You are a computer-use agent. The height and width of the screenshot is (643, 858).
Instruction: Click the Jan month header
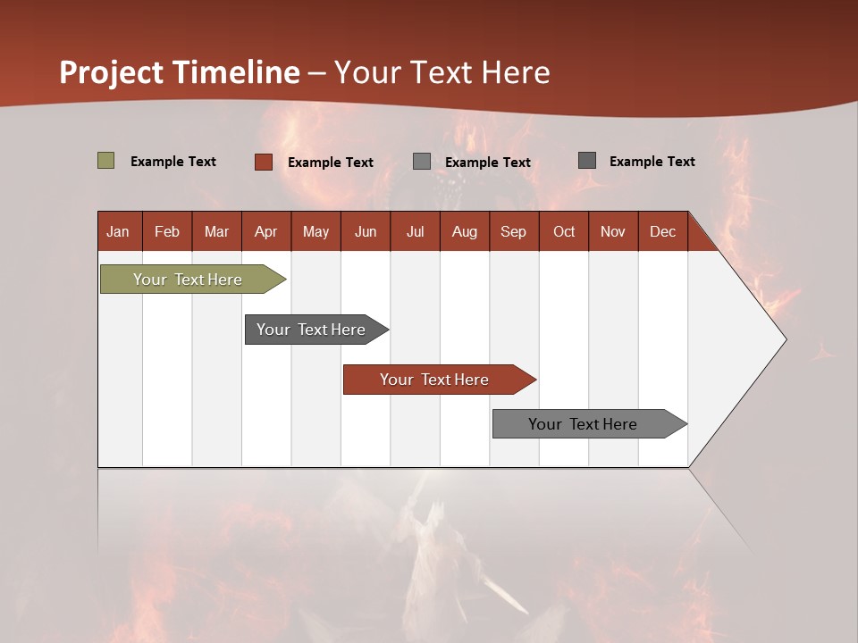click(x=119, y=231)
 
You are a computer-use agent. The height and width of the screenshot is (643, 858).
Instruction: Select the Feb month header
click(x=167, y=231)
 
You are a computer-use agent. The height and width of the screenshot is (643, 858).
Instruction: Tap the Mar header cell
click(x=216, y=231)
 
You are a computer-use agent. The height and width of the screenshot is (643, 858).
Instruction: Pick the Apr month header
click(x=266, y=231)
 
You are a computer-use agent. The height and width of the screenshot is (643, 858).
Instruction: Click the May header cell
click(x=315, y=231)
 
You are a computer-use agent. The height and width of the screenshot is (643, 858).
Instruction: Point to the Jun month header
click(x=366, y=231)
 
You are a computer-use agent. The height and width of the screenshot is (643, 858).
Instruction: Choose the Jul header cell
click(x=415, y=231)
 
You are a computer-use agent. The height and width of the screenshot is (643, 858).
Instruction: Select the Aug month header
click(x=465, y=231)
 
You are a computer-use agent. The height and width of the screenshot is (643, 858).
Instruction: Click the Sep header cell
click(x=514, y=231)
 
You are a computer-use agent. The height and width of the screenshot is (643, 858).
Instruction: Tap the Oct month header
click(x=564, y=231)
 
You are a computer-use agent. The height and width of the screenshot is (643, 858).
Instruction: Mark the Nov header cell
click(x=613, y=231)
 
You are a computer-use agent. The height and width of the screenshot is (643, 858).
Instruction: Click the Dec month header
click(x=663, y=231)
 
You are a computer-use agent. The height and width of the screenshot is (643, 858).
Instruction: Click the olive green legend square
click(x=106, y=161)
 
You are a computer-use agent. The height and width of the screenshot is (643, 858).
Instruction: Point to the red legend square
click(x=264, y=162)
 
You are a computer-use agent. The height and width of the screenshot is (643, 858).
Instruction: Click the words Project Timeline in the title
click(x=180, y=72)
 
